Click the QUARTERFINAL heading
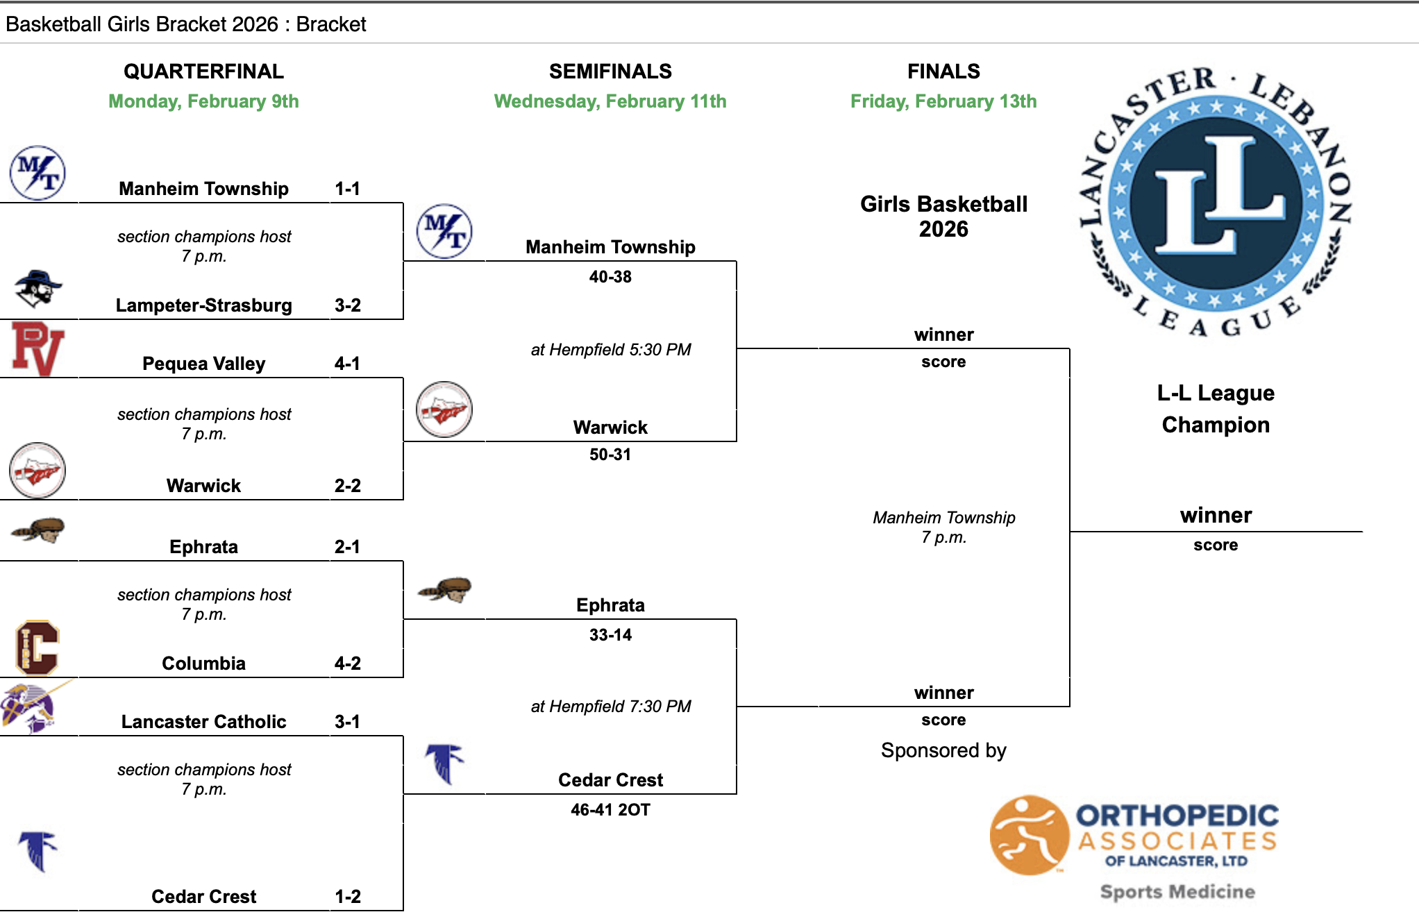pos(203,71)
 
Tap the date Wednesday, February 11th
pos(610,101)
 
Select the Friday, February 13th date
pos(943,101)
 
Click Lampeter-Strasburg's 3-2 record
pos(347,305)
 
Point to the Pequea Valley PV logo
pos(37,349)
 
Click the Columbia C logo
pos(37,648)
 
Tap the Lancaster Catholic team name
pos(203,722)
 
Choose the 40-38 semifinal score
pos(610,277)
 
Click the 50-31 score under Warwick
pos(610,455)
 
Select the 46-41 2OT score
pos(610,810)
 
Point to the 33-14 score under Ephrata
pos(610,635)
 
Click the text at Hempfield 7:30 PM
pos(610,707)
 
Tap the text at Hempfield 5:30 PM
pos(610,350)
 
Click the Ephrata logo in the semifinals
pos(444,590)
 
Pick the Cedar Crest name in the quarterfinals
pos(203,897)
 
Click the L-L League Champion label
pos(1215,409)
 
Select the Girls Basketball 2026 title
pos(943,217)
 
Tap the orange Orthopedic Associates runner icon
pos(1029,835)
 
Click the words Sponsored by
pos(943,750)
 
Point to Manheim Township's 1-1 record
pos(347,189)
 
